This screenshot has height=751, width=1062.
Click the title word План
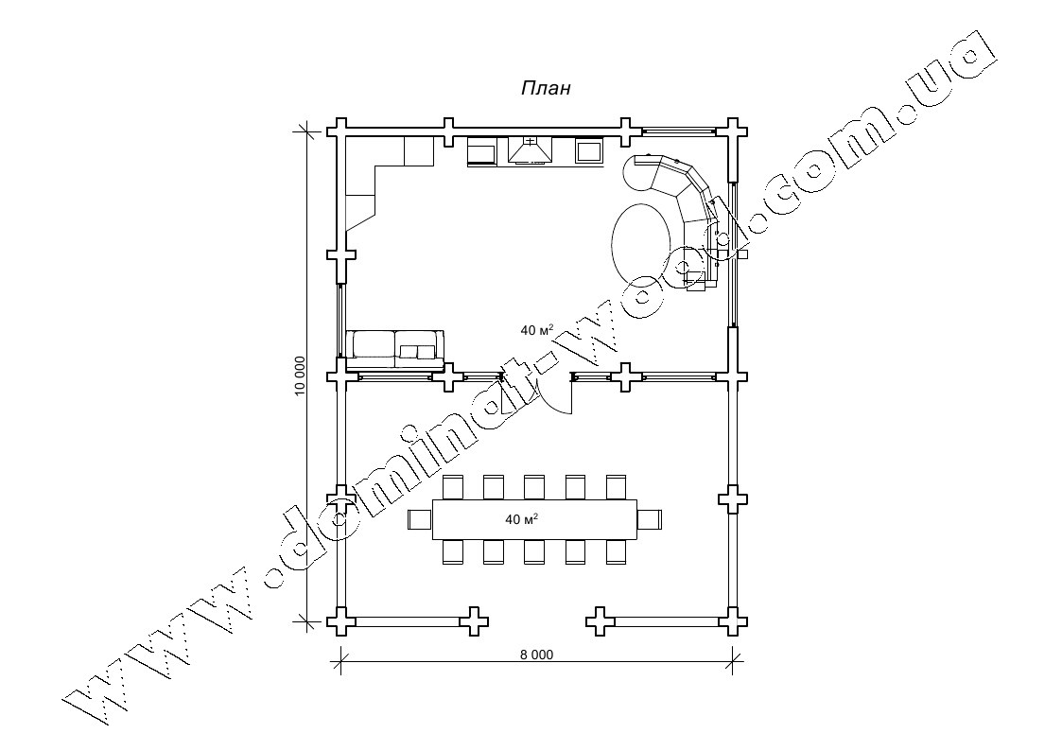point(546,88)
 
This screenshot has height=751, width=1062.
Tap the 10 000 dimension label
point(300,375)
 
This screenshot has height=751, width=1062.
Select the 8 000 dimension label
point(536,655)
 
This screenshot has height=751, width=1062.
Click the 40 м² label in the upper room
point(536,330)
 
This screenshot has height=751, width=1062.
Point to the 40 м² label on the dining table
point(521,519)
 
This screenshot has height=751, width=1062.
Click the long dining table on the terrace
point(535,519)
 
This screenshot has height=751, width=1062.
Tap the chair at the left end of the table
point(420,520)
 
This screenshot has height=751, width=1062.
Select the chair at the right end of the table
point(651,520)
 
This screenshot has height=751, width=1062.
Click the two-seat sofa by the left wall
point(395,350)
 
